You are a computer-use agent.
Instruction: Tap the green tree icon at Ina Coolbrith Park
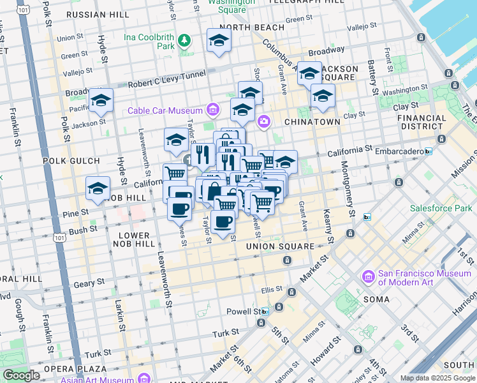coord(184,41)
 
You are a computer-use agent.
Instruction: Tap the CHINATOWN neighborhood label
coord(312,121)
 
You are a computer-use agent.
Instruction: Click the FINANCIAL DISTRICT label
coord(421,122)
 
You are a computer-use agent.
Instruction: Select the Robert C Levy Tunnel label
coord(165,84)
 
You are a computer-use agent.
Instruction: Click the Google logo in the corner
coord(21,375)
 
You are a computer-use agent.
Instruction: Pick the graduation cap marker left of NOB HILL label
coord(98,188)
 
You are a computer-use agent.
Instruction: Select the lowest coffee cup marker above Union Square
coord(223,222)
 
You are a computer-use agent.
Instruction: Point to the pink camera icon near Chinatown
coord(263,121)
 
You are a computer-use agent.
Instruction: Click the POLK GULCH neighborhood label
coord(71,161)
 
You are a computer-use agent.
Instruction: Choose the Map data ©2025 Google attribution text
coord(437,378)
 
